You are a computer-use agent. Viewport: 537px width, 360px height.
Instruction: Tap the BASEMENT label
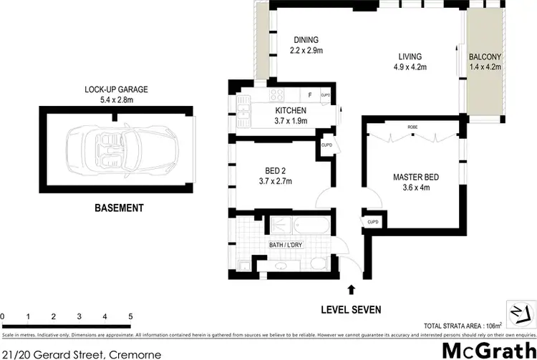[120, 208]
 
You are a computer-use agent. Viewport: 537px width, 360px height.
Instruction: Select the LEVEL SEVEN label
[350, 310]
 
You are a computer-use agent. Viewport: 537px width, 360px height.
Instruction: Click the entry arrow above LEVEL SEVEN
[350, 289]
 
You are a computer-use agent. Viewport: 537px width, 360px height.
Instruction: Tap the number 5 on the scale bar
[130, 316]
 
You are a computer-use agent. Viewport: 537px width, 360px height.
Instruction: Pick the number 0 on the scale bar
[3, 316]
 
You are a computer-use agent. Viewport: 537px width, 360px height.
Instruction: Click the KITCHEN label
[291, 110]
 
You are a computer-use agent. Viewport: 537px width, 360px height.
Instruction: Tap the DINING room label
[306, 39]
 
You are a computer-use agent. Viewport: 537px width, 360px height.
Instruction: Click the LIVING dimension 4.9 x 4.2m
[410, 68]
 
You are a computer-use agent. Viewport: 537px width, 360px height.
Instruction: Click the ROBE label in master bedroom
[412, 127]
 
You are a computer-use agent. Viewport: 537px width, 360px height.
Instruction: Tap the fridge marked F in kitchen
[309, 95]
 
